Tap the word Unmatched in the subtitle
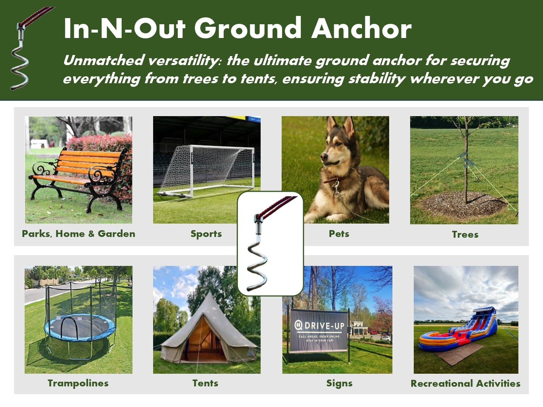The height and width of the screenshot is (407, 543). [x=104, y=60]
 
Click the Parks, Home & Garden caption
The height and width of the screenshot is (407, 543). [x=79, y=234]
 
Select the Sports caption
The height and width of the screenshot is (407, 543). [x=206, y=234]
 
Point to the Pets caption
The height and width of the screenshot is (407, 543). [x=339, y=234]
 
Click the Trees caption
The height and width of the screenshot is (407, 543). [x=465, y=234]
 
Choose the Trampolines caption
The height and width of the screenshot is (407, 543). [x=78, y=383]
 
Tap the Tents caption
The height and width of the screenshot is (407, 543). [x=205, y=383]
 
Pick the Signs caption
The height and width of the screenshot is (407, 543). [x=339, y=383]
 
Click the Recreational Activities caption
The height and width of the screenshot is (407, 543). [x=465, y=383]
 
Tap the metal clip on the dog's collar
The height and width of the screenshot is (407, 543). [x=337, y=190]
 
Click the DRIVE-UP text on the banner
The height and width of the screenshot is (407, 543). [x=324, y=326]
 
